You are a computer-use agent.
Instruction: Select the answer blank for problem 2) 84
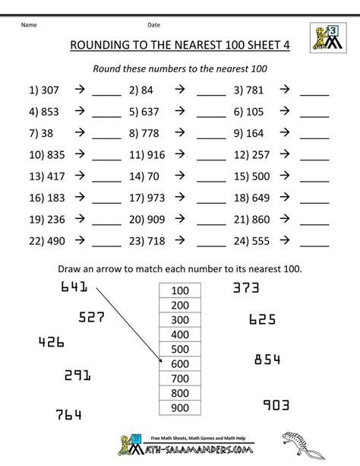[210, 94]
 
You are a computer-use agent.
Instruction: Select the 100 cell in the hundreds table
[179, 290]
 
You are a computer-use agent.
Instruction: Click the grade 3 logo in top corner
[327, 37]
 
